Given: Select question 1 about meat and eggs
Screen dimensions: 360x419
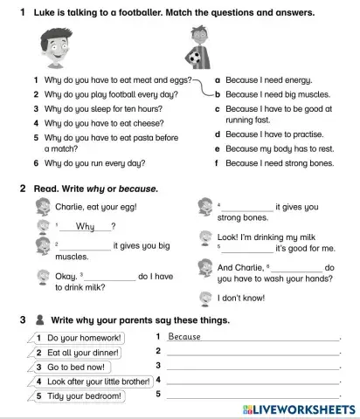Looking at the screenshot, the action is click(x=107, y=80).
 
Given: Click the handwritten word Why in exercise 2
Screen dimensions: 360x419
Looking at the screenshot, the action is click(x=86, y=227).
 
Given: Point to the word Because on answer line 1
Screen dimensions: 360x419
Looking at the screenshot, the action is click(x=184, y=337).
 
